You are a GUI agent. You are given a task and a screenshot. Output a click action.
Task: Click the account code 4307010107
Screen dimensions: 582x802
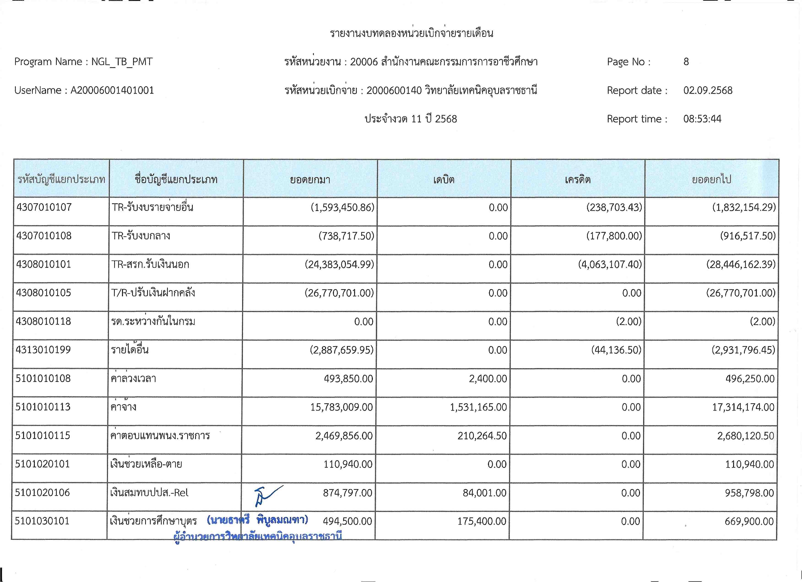44,207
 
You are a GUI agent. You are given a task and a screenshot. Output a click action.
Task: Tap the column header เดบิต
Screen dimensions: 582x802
444,180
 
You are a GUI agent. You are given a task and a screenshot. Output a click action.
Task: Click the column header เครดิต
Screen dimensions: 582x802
577,180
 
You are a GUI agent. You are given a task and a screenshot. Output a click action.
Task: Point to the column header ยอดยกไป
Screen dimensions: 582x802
711,180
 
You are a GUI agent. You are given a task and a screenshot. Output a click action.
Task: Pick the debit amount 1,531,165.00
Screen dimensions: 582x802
478,407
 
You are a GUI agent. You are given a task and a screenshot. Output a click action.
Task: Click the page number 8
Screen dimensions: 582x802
686,62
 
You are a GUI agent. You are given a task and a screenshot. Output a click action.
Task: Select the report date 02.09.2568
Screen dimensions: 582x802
707,90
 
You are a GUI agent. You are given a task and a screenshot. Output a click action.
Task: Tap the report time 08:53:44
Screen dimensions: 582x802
702,119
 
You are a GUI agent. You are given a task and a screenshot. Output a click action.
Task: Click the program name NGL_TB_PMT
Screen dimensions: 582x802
122,62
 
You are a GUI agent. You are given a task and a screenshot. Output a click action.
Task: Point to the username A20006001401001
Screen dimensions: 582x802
112,90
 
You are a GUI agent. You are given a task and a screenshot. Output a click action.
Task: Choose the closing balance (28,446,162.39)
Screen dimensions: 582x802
741,264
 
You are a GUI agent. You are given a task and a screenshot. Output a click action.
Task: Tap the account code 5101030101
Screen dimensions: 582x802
42,521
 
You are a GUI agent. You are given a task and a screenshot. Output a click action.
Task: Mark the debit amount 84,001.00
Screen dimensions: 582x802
485,493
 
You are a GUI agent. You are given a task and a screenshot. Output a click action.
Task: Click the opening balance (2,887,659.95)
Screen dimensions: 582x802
341,350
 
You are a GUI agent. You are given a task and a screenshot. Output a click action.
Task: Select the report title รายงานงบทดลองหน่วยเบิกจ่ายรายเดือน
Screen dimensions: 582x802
411,33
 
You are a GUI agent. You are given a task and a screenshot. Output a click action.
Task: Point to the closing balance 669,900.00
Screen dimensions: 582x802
749,521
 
